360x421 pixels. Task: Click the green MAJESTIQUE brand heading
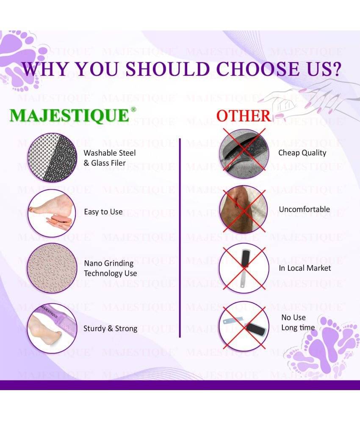click(69, 116)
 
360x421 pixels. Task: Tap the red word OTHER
click(244, 116)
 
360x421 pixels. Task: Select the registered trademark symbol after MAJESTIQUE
click(133, 109)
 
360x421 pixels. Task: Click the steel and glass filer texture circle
click(53, 157)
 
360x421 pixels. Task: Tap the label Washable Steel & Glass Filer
click(110, 158)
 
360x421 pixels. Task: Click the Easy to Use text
click(103, 212)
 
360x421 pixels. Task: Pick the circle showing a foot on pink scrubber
click(52, 213)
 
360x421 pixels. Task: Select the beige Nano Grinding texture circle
click(53, 268)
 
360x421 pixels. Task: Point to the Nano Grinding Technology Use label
click(111, 268)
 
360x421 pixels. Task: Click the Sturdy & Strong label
click(110, 329)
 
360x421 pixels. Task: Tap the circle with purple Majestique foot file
click(52, 328)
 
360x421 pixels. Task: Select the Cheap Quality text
click(302, 153)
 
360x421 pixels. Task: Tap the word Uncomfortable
click(305, 209)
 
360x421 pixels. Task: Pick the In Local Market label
click(305, 268)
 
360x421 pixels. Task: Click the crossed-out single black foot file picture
click(244, 268)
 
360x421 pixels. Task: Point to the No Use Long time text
click(298, 322)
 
